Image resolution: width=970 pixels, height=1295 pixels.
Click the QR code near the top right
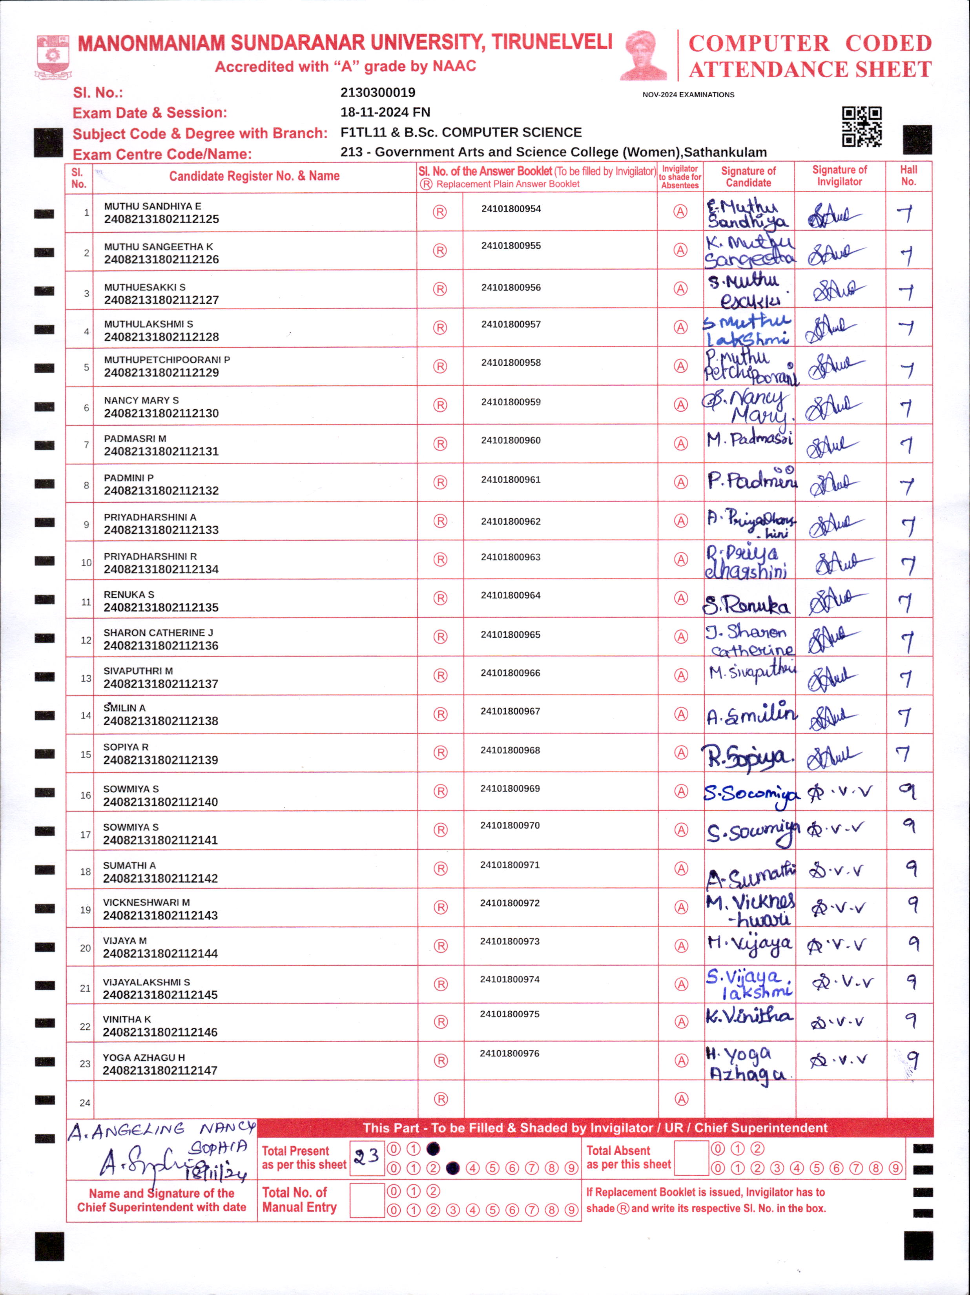(x=861, y=126)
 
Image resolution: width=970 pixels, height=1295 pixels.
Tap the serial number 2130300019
(x=377, y=93)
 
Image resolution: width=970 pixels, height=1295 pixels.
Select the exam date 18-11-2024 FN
(x=385, y=112)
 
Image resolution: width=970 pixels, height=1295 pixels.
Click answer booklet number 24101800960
(x=511, y=440)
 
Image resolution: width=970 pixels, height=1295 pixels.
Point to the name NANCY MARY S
(x=141, y=400)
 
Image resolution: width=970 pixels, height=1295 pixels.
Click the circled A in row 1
(x=680, y=212)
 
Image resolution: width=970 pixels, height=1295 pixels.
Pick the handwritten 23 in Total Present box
(x=366, y=1156)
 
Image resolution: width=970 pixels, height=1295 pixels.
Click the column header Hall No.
(x=908, y=176)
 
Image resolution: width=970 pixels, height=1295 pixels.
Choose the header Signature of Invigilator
(x=839, y=176)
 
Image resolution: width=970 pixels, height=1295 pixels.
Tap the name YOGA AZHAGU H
(x=144, y=1057)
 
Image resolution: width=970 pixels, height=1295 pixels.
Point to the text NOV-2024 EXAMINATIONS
(x=688, y=95)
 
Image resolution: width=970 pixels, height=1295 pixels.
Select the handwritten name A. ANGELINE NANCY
(x=161, y=1130)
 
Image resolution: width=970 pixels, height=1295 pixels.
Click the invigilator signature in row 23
(x=837, y=1060)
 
